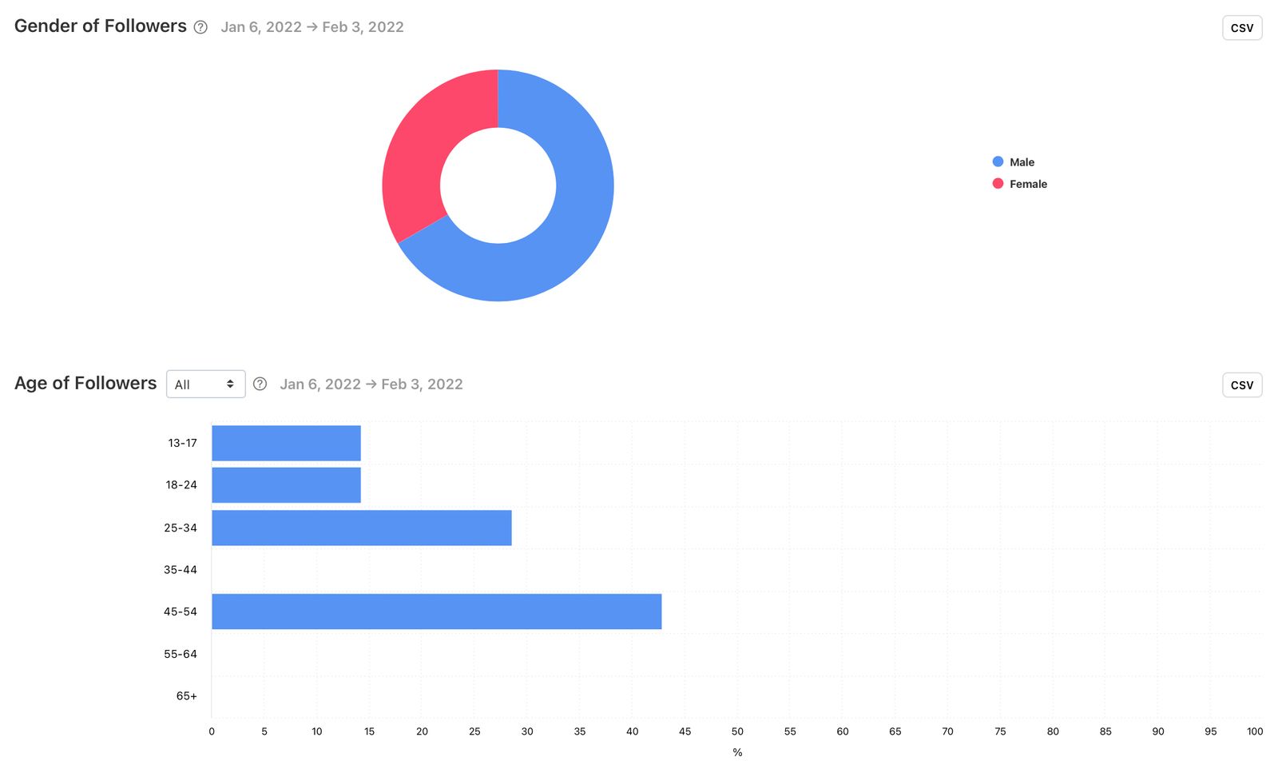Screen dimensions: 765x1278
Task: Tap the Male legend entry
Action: [1014, 162]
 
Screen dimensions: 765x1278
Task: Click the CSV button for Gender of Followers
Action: [1241, 28]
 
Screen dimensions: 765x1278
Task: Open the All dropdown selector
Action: [205, 384]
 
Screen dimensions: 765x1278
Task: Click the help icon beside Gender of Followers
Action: [200, 27]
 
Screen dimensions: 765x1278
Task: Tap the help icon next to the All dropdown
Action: [260, 384]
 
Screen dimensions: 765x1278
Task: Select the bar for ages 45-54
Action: [436, 612]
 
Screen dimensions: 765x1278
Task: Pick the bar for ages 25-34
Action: [361, 528]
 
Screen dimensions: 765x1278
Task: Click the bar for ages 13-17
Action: [286, 443]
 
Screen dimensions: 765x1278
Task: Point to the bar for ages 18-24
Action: [286, 485]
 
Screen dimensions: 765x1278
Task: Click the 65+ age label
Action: [186, 696]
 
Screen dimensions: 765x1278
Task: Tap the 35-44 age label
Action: [181, 570]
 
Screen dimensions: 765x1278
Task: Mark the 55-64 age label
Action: [181, 654]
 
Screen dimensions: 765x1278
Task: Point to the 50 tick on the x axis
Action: [737, 731]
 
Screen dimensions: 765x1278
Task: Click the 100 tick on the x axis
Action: [1255, 731]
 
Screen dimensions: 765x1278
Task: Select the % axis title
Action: [737, 752]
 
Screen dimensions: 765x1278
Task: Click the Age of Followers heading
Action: [85, 384]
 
